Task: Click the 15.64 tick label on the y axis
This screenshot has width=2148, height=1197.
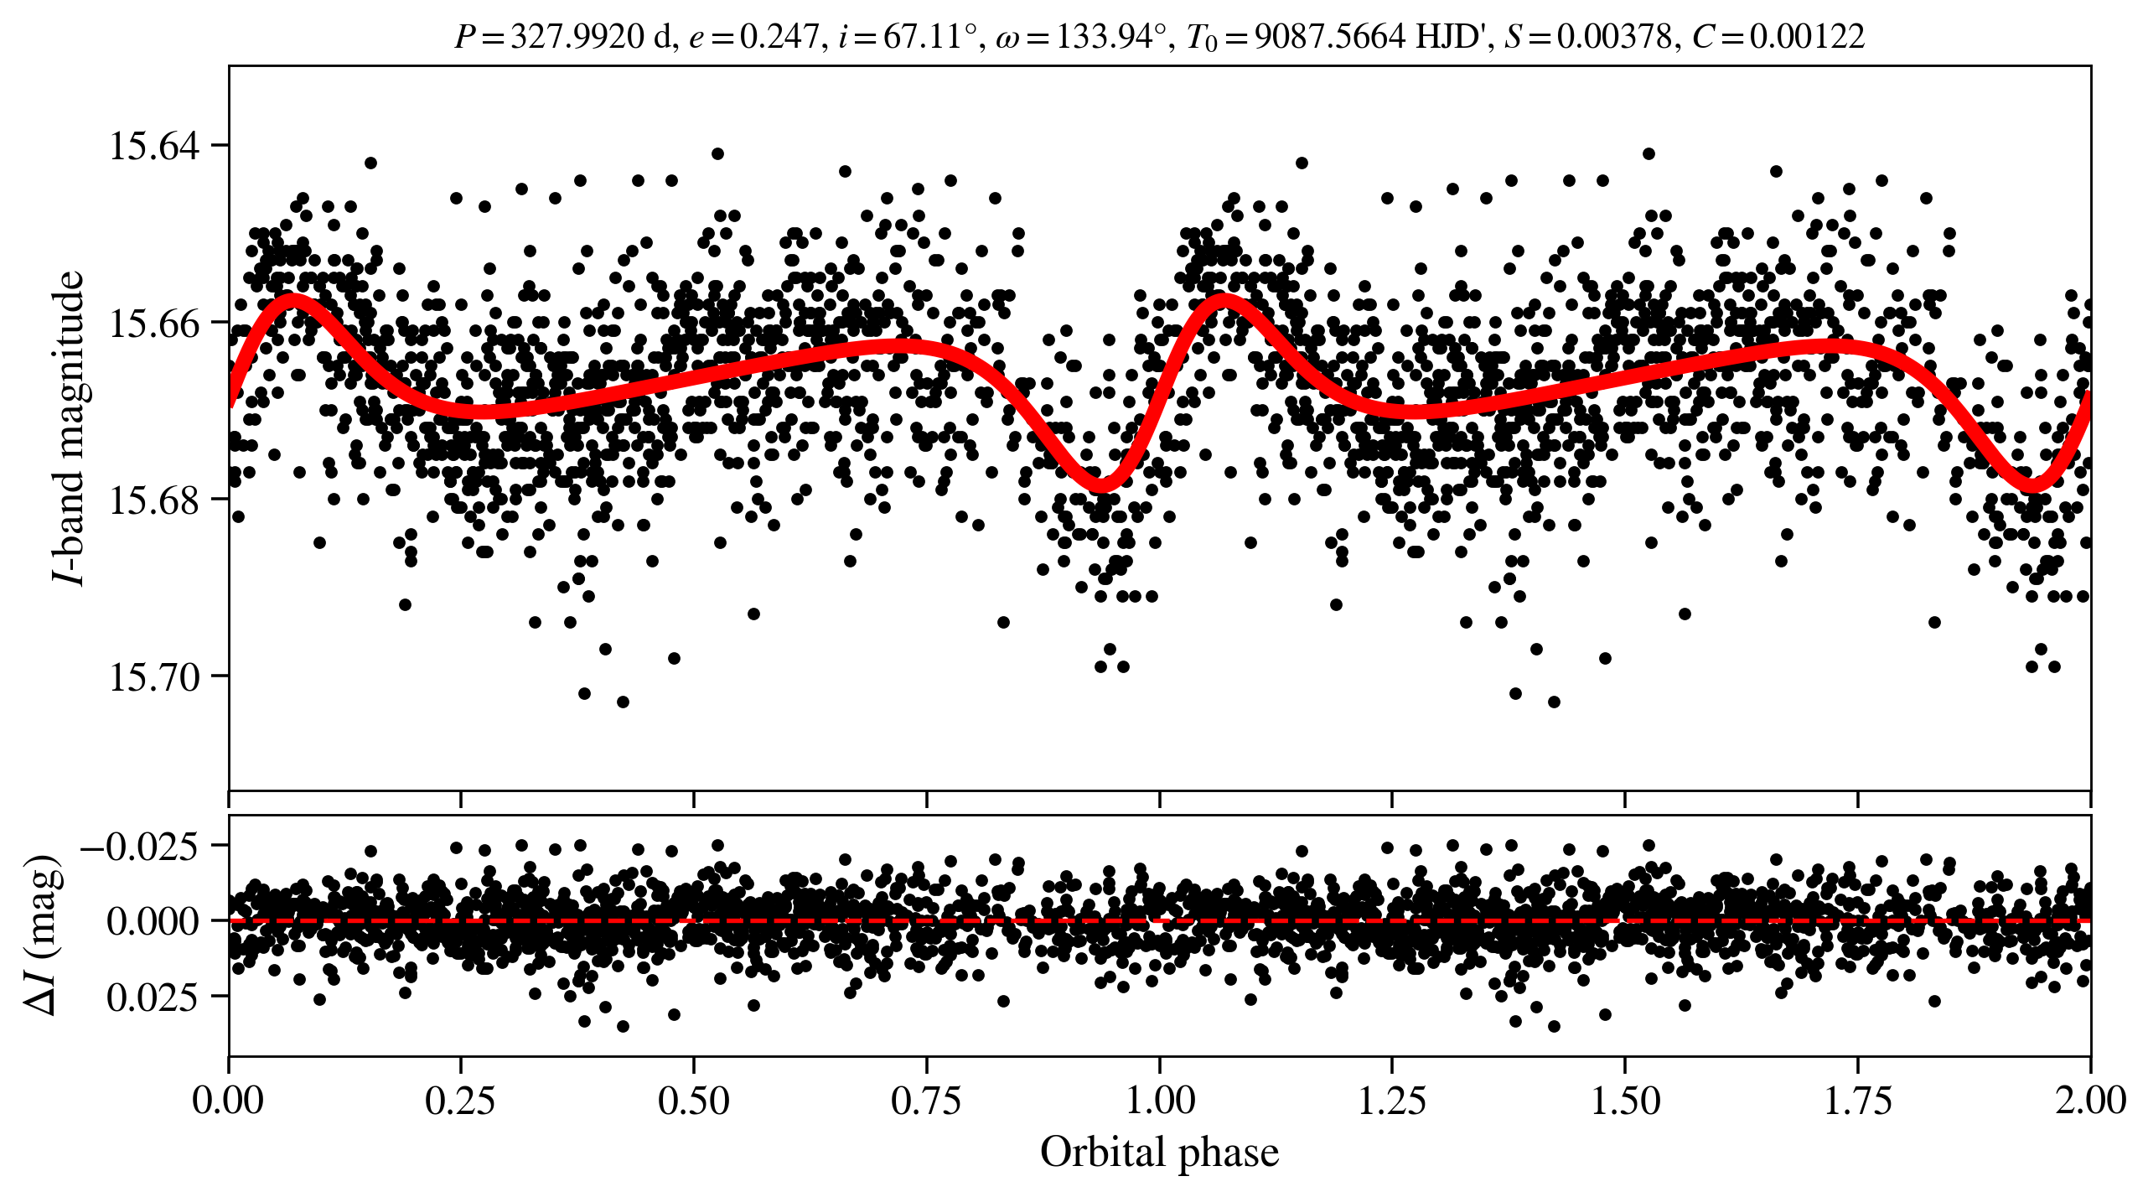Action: tap(155, 146)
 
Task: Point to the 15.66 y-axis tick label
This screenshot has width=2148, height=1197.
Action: tap(155, 323)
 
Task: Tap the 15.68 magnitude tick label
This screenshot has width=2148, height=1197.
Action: tap(155, 500)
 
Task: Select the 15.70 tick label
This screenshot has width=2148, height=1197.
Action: tap(155, 677)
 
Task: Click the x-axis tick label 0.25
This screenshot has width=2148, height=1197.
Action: tap(460, 1101)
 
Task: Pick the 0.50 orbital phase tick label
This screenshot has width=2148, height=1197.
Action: tap(693, 1101)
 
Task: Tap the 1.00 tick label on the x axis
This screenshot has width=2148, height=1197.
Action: tap(1159, 1101)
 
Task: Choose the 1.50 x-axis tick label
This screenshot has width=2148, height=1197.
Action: tap(1625, 1101)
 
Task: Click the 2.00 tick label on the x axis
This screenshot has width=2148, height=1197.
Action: tap(2090, 1101)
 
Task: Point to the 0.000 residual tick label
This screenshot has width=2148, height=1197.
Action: tap(153, 921)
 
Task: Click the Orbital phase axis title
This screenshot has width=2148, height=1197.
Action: tap(1159, 1153)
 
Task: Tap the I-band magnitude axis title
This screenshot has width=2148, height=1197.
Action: tap(69, 427)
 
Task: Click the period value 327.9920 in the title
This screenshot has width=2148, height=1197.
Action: tap(577, 37)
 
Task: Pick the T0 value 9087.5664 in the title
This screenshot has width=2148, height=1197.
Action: tap(1330, 37)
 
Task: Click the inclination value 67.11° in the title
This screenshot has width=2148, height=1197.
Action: tap(929, 37)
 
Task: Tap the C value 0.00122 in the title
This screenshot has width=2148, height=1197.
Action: tap(1808, 37)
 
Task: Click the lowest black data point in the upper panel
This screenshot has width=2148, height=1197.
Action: tap(623, 702)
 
